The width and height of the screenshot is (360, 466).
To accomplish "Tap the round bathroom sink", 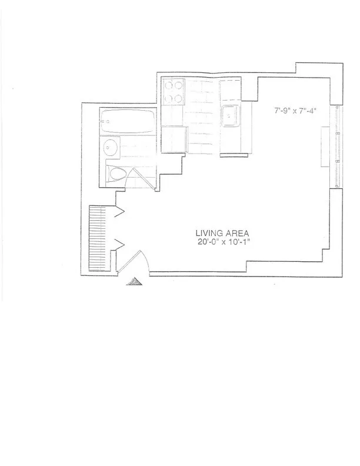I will point(110,147).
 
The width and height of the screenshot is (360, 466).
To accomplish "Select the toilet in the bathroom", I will point(117,174).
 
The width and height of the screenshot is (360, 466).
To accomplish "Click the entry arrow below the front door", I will point(135,282).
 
